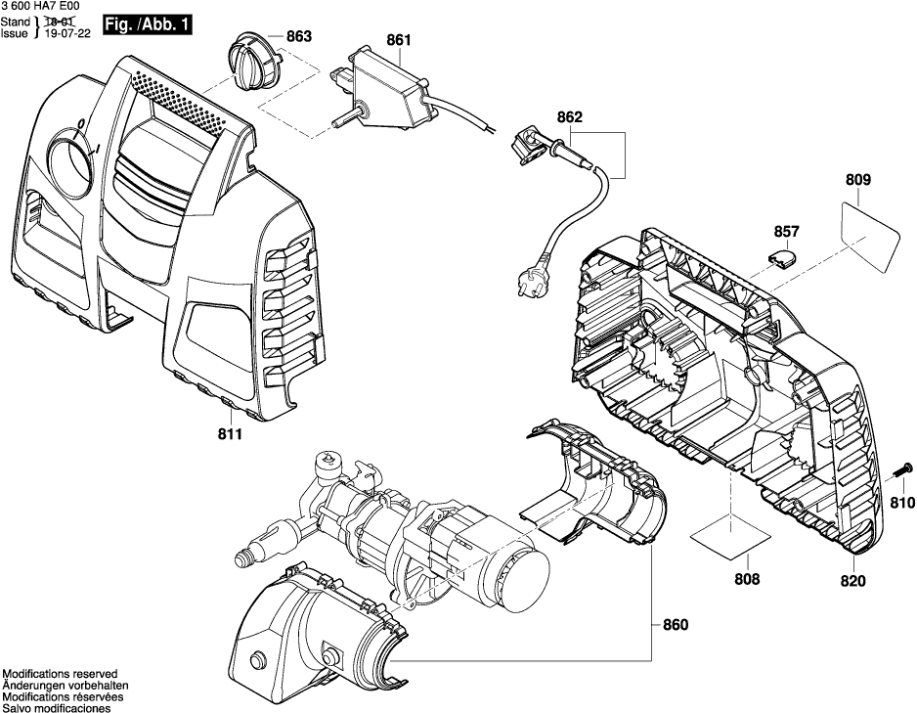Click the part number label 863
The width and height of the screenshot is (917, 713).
pyautogui.click(x=298, y=37)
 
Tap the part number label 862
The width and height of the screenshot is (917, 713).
pyautogui.click(x=570, y=117)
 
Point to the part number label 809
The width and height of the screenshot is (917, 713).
pyautogui.click(x=858, y=181)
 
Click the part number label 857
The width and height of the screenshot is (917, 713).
pyautogui.click(x=786, y=232)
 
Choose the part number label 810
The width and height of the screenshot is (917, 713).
pyautogui.click(x=901, y=504)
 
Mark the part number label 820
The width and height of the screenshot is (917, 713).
pyautogui.click(x=852, y=582)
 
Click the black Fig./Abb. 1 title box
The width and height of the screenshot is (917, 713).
pyautogui.click(x=148, y=22)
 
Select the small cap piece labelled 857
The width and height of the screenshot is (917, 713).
pyautogui.click(x=781, y=257)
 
